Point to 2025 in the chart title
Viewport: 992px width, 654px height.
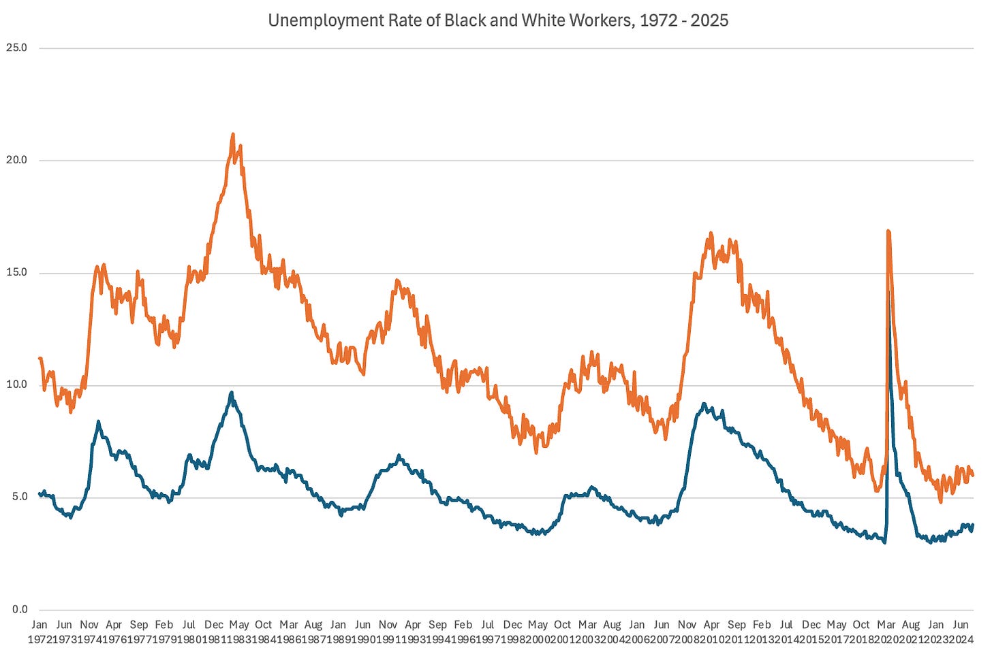click(709, 20)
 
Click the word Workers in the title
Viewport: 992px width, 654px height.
click(599, 20)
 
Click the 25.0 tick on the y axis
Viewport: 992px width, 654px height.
click(16, 48)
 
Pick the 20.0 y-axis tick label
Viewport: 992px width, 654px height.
click(16, 161)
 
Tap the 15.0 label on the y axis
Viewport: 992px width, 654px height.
click(16, 273)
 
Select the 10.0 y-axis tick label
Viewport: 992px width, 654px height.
click(16, 385)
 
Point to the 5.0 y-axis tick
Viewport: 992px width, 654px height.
click(19, 497)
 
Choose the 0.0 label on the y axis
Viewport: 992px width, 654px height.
click(19, 610)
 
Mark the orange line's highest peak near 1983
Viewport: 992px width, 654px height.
click(233, 135)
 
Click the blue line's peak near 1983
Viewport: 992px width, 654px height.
click(232, 393)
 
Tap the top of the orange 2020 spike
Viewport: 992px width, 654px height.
click(888, 231)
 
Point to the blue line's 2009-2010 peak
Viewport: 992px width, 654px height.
click(704, 404)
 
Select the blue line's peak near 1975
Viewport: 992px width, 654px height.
click(98, 422)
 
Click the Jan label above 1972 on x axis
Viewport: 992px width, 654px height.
click(40, 625)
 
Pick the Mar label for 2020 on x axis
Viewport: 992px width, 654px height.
click(886, 625)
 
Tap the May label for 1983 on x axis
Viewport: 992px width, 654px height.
click(238, 625)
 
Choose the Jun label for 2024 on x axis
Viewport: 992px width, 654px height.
click(961, 625)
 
